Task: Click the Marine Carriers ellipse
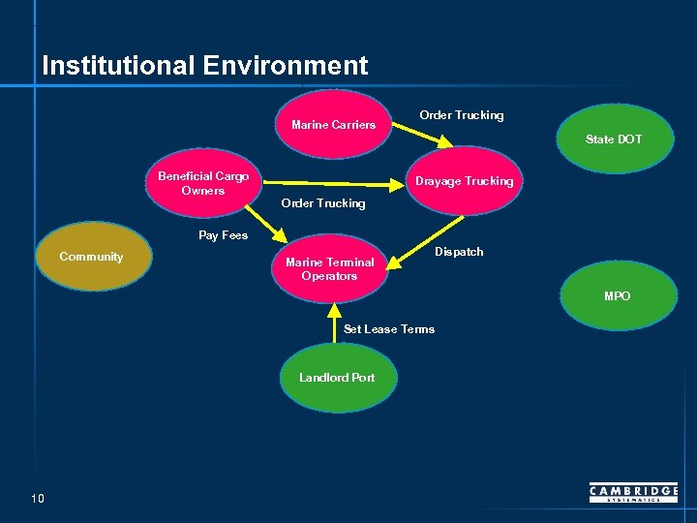point(333,125)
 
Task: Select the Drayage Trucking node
point(464,181)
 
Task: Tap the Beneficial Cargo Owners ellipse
point(203,183)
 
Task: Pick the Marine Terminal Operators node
point(329,268)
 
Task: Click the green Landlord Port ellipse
point(337,378)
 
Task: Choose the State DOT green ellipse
point(614,139)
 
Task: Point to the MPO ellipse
point(617,295)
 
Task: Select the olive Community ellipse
point(91,257)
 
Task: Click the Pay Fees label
point(223,235)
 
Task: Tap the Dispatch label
point(459,252)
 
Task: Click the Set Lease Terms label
point(389,329)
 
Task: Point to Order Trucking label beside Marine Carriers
point(461,115)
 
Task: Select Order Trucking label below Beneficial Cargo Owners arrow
point(322,203)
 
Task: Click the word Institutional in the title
point(119,66)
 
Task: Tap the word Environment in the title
point(286,66)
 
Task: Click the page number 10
point(38,499)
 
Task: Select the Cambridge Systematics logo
point(633,493)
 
